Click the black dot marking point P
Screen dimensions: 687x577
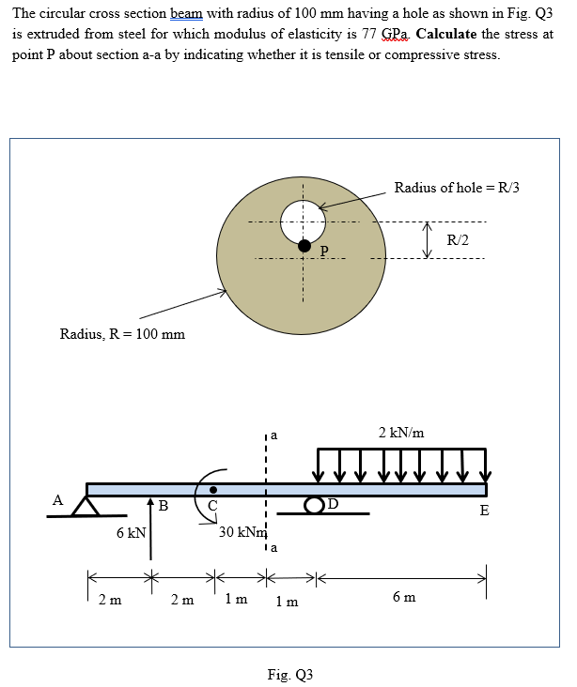[x=304, y=245]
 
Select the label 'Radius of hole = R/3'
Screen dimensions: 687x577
[x=457, y=188]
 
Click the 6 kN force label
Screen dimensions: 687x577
[x=130, y=533]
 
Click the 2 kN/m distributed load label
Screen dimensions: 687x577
[x=400, y=433]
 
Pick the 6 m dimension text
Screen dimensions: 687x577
[x=404, y=597]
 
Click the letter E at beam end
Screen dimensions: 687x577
[x=484, y=511]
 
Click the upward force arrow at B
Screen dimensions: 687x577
[x=148, y=530]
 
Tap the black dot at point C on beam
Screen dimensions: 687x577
[x=214, y=489]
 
